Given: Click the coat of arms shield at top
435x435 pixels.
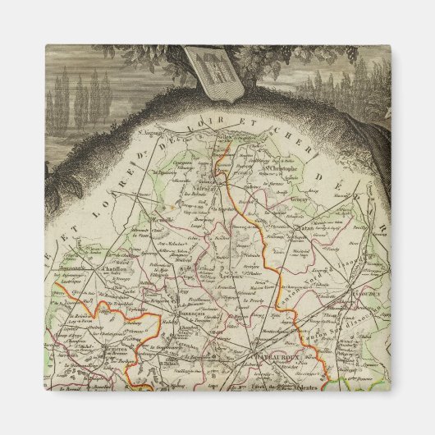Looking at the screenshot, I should pos(201,71).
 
